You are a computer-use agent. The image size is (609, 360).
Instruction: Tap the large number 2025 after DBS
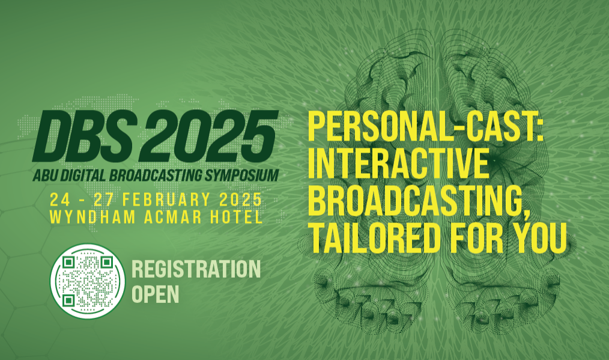click(x=208, y=136)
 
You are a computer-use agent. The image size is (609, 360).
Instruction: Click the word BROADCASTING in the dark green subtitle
click(x=156, y=175)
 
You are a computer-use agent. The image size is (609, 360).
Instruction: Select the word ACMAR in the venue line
click(x=172, y=218)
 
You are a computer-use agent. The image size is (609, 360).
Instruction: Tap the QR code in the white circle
click(x=88, y=281)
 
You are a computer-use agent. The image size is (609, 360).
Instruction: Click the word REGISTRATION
click(x=196, y=269)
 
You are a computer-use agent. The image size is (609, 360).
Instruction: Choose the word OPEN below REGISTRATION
click(x=156, y=294)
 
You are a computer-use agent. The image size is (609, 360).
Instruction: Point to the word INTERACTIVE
click(x=398, y=163)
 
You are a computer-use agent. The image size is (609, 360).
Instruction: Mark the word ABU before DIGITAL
click(x=42, y=175)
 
